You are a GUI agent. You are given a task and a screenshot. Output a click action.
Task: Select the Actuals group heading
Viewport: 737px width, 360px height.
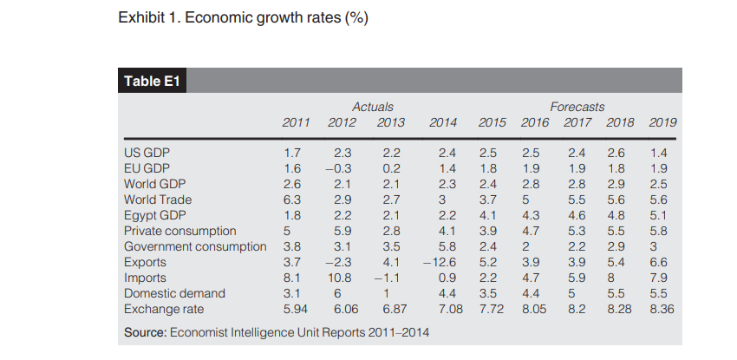[x=373, y=107]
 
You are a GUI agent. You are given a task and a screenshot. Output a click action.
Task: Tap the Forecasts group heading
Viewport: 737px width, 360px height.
[x=577, y=107]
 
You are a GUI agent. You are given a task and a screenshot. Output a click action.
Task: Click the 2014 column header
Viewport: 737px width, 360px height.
[x=443, y=122]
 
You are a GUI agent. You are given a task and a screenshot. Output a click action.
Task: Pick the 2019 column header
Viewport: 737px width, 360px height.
[x=662, y=122]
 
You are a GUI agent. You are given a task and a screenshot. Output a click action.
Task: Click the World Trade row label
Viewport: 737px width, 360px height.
[x=158, y=200]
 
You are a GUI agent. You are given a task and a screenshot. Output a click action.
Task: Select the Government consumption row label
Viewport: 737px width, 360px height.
[x=195, y=246]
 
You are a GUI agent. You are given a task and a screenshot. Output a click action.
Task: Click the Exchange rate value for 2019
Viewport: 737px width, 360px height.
[x=662, y=308]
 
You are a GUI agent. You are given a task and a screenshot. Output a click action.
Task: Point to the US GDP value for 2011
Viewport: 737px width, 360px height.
[x=292, y=153]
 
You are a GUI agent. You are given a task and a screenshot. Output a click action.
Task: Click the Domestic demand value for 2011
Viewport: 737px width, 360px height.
[x=292, y=293]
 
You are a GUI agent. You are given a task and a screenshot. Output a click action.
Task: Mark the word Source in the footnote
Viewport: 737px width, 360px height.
[x=144, y=331]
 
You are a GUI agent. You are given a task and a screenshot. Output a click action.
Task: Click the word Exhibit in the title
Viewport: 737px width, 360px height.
[x=140, y=18]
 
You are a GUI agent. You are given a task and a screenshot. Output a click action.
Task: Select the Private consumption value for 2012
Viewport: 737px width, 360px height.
[x=342, y=231]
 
